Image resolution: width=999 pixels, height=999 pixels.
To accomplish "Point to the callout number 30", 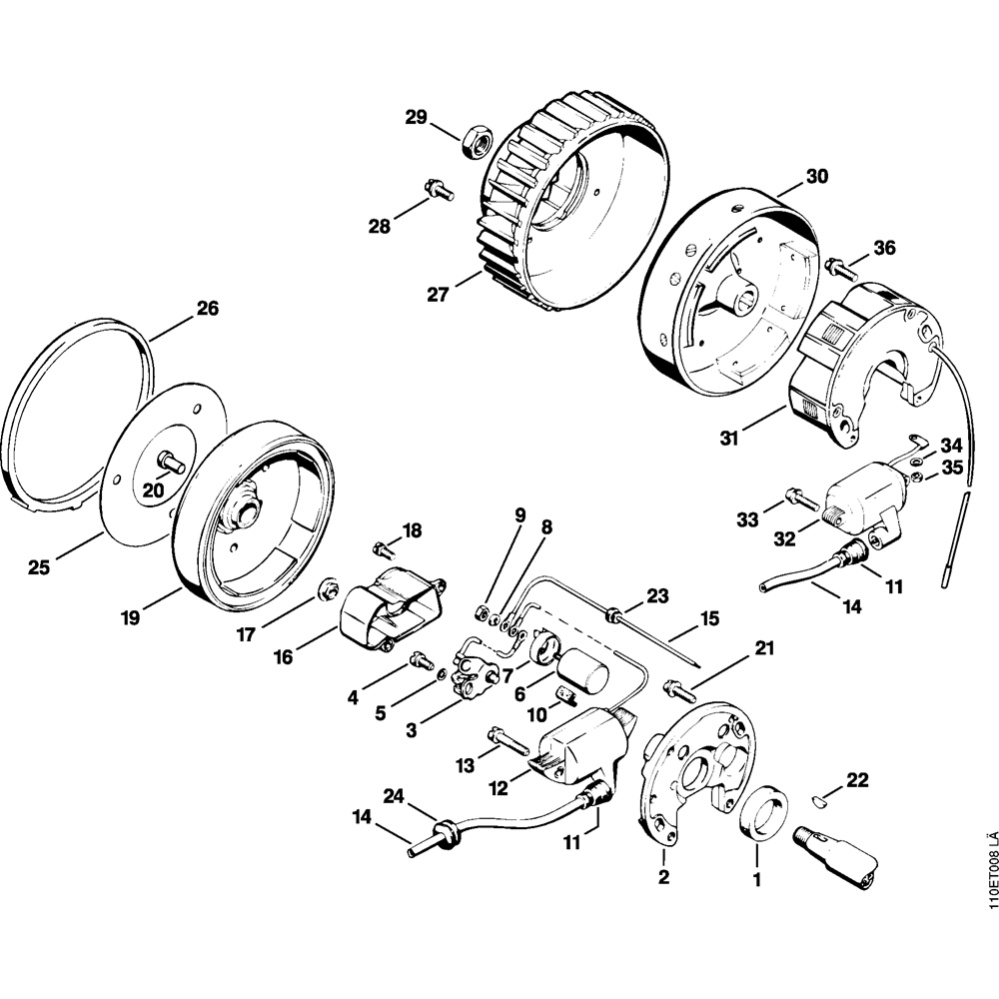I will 817,177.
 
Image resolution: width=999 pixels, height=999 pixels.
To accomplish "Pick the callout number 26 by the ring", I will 207,309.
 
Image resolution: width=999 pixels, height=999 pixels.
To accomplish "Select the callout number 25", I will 38,568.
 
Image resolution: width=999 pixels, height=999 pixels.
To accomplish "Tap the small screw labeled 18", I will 382,547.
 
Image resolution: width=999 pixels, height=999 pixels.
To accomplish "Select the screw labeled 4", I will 421,659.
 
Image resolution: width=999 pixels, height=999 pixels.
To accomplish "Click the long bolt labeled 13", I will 509,740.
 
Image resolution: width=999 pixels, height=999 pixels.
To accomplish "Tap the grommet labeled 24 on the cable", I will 444,828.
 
